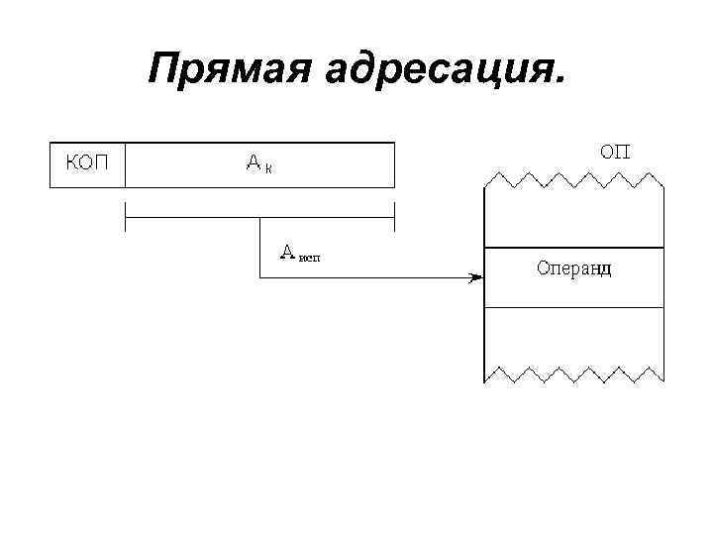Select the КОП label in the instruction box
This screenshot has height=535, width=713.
pyautogui.click(x=87, y=163)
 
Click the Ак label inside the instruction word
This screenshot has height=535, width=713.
pyautogui.click(x=259, y=163)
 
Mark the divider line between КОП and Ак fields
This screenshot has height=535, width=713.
pyautogui.click(x=125, y=164)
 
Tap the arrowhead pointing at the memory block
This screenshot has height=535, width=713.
pyautogui.click(x=475, y=277)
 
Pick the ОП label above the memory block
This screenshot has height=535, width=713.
pyautogui.click(x=616, y=151)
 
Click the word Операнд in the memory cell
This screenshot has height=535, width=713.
pyautogui.click(x=573, y=268)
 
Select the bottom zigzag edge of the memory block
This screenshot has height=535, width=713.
pyautogui.click(x=573, y=374)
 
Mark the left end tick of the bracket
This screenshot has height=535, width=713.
pyautogui.click(x=125, y=217)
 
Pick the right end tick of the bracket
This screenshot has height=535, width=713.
pyautogui.click(x=394, y=217)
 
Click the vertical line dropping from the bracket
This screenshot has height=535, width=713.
pyautogui.click(x=259, y=248)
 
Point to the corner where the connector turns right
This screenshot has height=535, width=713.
pyautogui.click(x=259, y=277)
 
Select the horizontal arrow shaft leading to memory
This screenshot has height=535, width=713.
pyautogui.click(x=366, y=277)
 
